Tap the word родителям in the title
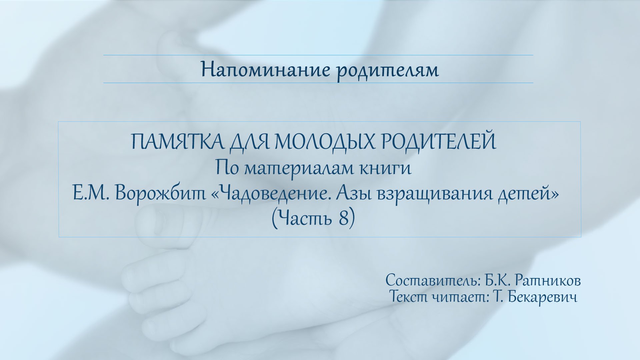coord(387,71)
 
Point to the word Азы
coord(354,194)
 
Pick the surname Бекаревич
coord(543,297)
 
